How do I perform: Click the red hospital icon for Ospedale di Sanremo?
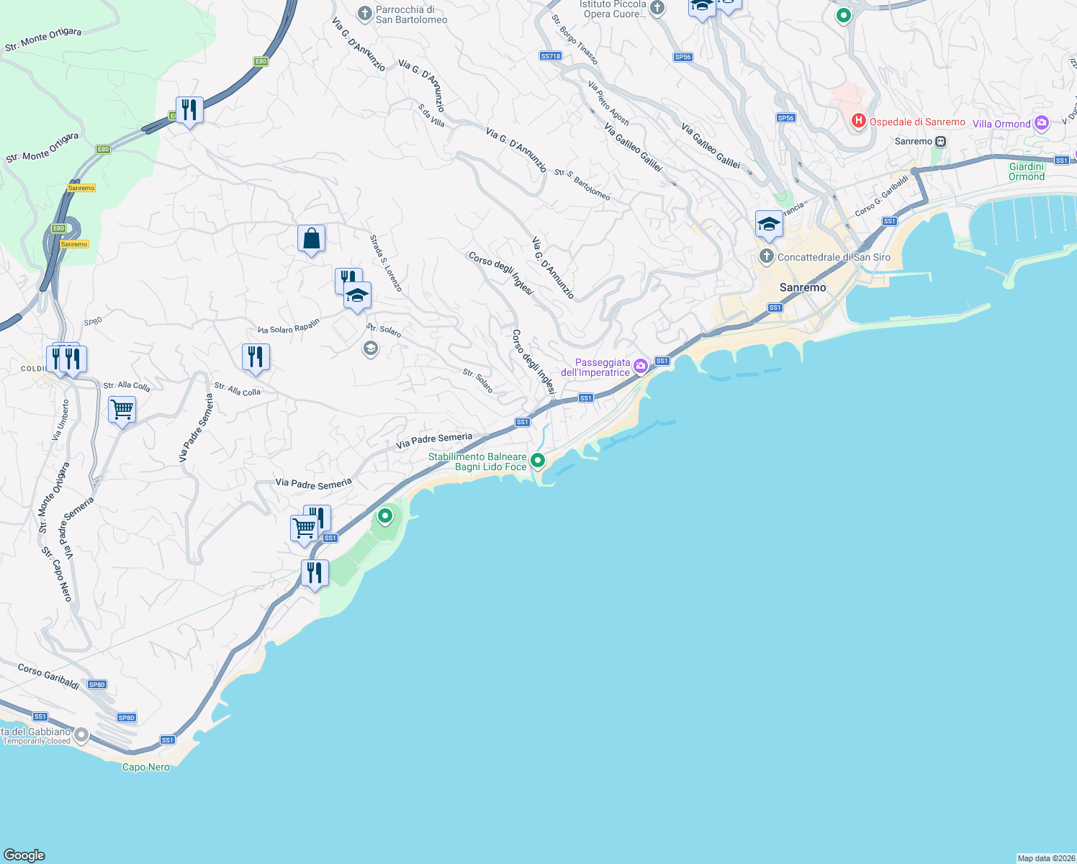pos(858,121)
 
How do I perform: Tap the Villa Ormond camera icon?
pos(1041,123)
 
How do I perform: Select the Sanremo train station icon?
pos(940,142)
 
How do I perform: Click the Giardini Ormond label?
pos(1026,171)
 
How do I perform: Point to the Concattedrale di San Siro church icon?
pos(767,256)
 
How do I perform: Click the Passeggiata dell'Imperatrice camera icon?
pos(640,366)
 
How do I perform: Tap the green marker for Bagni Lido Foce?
pos(537,460)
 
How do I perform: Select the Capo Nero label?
pos(146,767)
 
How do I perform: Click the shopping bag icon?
pos(311,238)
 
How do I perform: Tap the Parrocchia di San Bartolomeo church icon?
pos(365,14)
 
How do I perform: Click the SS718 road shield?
pos(550,56)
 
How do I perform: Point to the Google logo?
pos(24,855)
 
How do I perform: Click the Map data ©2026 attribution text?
pos(1046,858)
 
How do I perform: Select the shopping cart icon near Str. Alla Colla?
pos(122,410)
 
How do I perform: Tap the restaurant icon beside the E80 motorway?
pos(189,110)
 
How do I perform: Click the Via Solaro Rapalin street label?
pos(288,327)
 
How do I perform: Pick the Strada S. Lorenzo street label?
pos(385,263)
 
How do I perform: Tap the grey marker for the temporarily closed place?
pos(81,735)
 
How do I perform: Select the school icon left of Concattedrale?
pos(769,224)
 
